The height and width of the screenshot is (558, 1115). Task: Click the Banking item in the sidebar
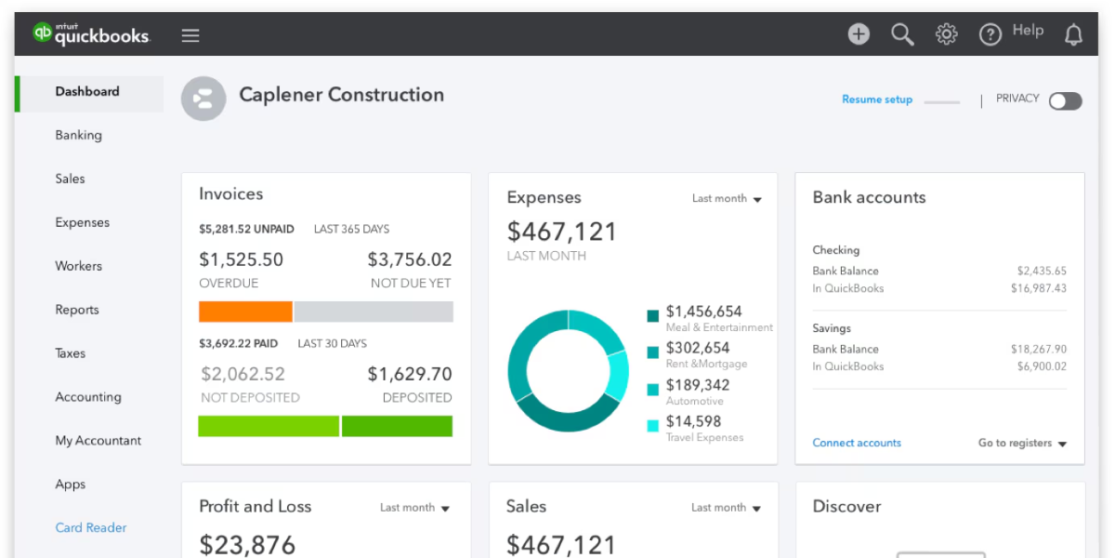[78, 135]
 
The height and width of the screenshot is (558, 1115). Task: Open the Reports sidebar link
[76, 310]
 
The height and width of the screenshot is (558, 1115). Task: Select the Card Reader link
[90, 527]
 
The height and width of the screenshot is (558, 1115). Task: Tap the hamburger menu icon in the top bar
[190, 35]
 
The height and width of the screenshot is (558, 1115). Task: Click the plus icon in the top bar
[859, 34]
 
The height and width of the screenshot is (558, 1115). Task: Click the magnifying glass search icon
[902, 34]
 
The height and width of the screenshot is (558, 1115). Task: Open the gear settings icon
[946, 34]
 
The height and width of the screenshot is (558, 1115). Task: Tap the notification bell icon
[1073, 35]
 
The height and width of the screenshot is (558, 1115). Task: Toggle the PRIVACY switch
[1065, 100]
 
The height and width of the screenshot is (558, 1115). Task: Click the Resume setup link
[876, 100]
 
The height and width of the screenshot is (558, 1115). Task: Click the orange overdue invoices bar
[245, 312]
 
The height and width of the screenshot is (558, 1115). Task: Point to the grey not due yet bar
[374, 312]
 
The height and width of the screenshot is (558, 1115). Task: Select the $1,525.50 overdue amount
[241, 259]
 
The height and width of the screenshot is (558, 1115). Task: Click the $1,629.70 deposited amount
[409, 374]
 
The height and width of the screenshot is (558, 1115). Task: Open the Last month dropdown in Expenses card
[727, 198]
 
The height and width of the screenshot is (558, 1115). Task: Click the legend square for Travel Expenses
[652, 425]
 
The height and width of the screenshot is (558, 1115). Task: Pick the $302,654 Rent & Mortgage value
[697, 348]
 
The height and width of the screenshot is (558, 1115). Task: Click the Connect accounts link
[856, 443]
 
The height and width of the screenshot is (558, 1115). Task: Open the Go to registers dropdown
[1022, 443]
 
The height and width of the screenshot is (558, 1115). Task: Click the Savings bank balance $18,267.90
[1038, 349]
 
